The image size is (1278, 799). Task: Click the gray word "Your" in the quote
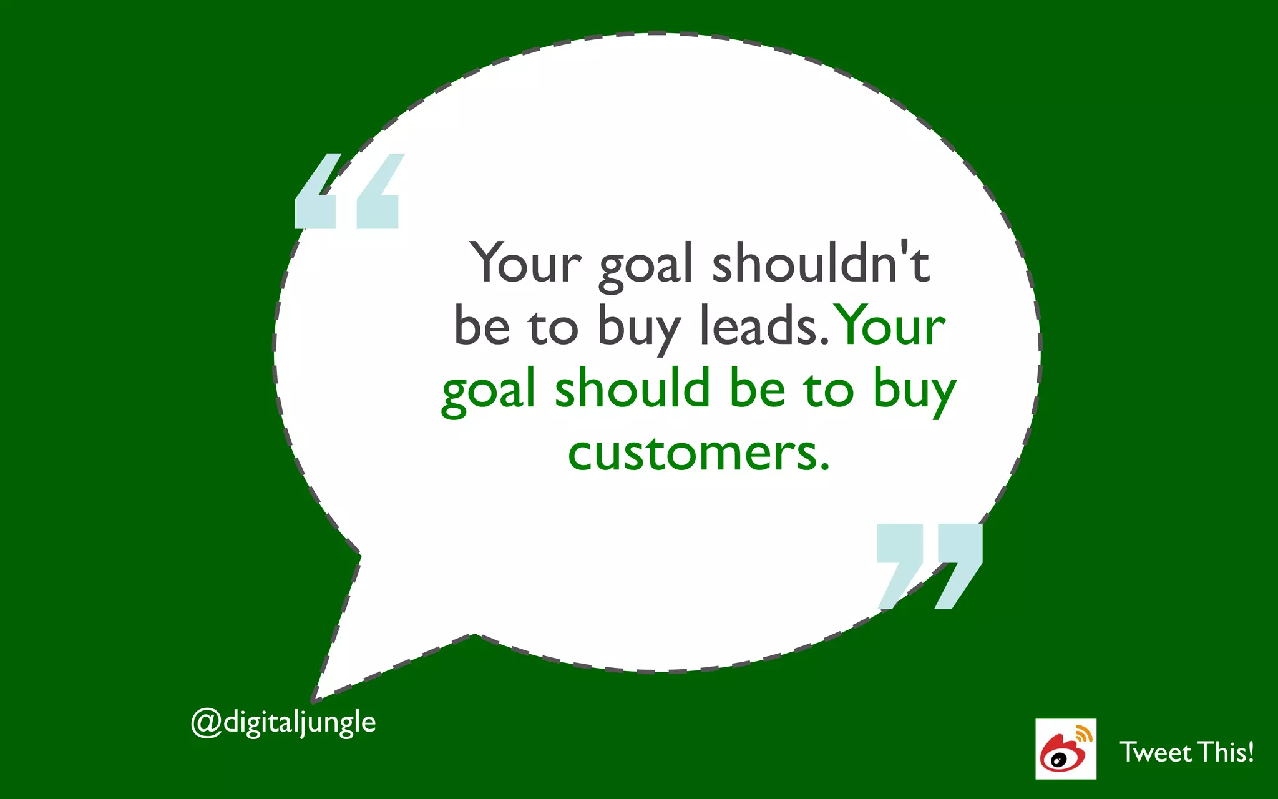click(x=525, y=263)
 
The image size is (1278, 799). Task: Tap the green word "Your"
click(x=890, y=326)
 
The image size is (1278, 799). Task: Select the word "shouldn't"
click(x=821, y=263)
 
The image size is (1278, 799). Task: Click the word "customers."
click(x=699, y=453)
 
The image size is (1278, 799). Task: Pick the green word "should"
click(x=632, y=388)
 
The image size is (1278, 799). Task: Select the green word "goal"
click(x=489, y=392)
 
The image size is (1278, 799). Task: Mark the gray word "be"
click(x=482, y=326)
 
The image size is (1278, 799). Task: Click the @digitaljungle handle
click(x=283, y=723)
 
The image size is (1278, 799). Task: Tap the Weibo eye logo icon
click(x=1065, y=749)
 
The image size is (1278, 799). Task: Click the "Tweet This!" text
click(x=1186, y=752)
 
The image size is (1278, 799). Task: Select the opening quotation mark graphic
click(x=347, y=192)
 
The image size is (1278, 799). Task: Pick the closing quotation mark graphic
click(x=929, y=565)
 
